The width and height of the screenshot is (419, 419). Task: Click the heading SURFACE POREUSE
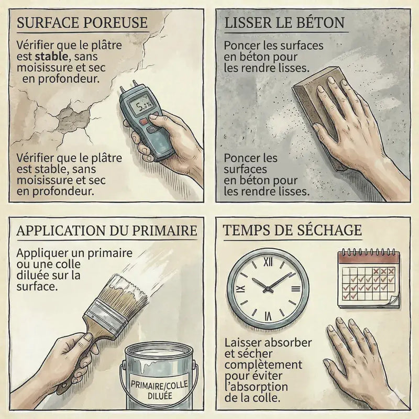tap(82, 23)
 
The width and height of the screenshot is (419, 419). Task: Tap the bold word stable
tap(51, 57)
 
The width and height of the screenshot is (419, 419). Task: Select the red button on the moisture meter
tap(144, 122)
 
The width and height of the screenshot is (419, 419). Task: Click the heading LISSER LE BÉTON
tap(284, 23)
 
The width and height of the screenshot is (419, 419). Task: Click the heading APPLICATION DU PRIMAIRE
tap(107, 230)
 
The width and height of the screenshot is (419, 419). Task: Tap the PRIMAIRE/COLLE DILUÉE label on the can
tap(159, 390)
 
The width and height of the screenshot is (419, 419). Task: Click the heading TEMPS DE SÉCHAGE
tap(292, 230)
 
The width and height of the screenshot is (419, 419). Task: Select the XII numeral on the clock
tap(268, 262)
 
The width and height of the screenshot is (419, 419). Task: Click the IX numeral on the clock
tap(241, 289)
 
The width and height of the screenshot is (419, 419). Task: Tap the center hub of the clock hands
tap(268, 289)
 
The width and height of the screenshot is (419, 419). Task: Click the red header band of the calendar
tap(369, 258)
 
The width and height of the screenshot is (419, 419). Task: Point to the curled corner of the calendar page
tap(394, 302)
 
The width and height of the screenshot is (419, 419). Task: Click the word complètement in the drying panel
tap(263, 365)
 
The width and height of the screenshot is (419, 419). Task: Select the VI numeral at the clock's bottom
tap(268, 316)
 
